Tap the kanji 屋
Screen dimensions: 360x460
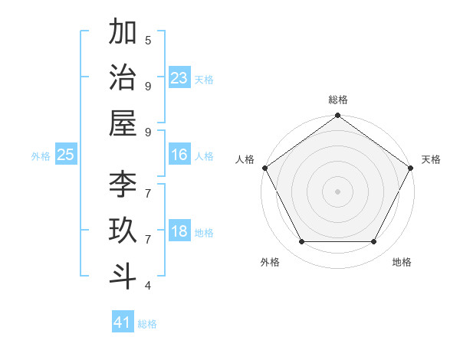(x=123, y=123)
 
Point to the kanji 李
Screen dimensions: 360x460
(x=123, y=185)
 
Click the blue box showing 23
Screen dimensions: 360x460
(x=179, y=77)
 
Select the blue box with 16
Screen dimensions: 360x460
(x=179, y=155)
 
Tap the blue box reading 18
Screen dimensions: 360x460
(x=179, y=232)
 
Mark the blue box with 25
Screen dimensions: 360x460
(x=66, y=155)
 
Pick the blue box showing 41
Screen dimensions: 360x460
(x=123, y=322)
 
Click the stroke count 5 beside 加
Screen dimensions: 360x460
(x=148, y=40)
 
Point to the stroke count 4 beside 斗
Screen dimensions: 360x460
(x=148, y=286)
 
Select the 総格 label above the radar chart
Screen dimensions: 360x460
(x=337, y=100)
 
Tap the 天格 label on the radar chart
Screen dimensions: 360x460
(x=431, y=159)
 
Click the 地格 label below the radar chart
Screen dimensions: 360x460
(x=402, y=262)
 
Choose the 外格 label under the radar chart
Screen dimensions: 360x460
(x=270, y=262)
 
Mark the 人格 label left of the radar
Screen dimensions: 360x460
(x=245, y=159)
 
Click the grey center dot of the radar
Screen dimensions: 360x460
(x=337, y=191)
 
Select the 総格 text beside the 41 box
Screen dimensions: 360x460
(x=147, y=324)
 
